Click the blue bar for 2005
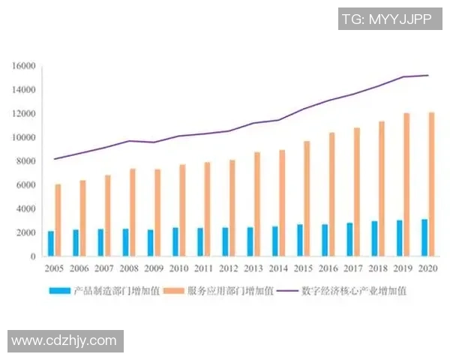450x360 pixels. (x=51, y=244)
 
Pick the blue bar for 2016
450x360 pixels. (x=325, y=240)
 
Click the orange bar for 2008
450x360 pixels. (x=133, y=212)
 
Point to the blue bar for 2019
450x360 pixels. (x=400, y=238)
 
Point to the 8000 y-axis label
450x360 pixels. (x=26, y=161)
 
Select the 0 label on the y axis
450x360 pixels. (x=34, y=256)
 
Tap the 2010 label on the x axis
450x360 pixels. (x=178, y=268)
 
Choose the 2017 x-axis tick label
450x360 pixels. (x=352, y=268)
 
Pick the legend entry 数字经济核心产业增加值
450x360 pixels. (x=353, y=290)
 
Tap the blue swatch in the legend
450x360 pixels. (x=58, y=290)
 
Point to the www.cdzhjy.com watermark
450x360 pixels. (x=64, y=340)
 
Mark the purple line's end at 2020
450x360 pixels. (x=428, y=75)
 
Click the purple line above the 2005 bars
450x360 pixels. (x=55, y=158)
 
